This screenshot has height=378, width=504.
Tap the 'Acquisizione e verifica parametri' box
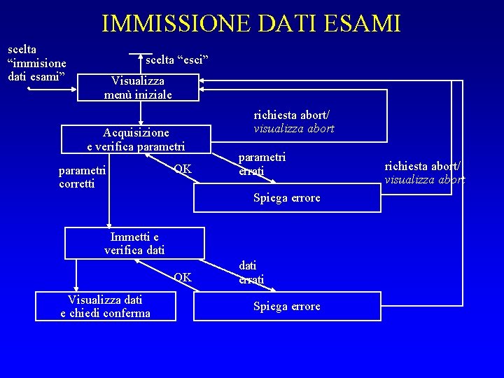136,139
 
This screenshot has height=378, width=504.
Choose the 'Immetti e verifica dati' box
134,243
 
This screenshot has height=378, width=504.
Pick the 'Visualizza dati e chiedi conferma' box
105,306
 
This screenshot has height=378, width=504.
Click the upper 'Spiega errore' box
286,198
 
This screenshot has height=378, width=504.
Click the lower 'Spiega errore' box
286,306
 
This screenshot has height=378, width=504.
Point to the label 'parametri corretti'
83,176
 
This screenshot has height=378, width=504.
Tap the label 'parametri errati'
262,164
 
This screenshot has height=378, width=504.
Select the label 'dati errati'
251,272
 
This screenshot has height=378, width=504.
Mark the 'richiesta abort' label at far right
424,173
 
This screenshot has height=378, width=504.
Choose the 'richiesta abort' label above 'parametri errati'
293,121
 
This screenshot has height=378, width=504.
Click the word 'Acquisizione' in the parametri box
136,132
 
